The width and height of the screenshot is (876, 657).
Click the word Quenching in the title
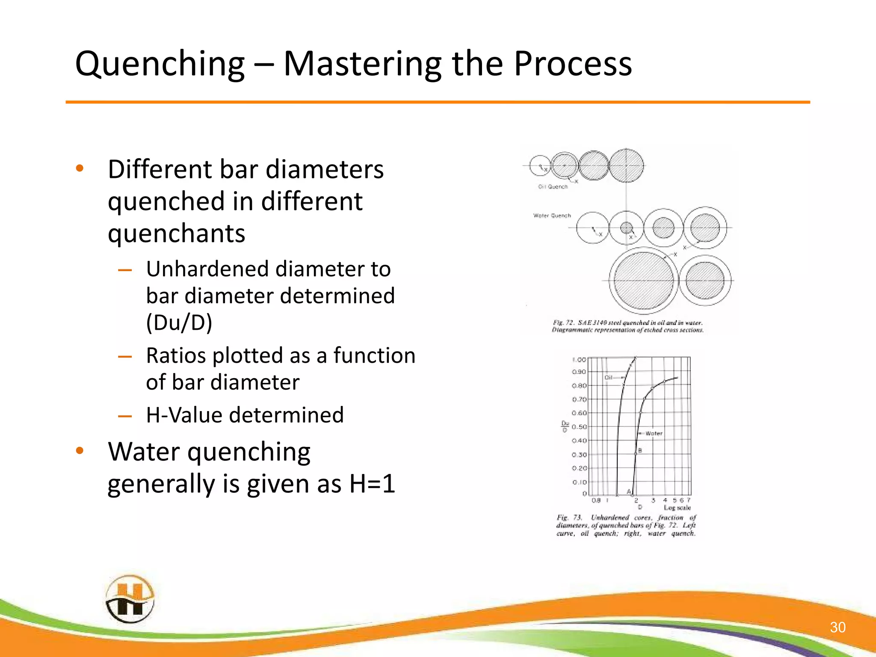160,64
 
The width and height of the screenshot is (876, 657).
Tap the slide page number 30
838,627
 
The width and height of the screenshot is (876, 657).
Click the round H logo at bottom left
130,599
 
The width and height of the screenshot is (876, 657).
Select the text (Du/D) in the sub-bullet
179,323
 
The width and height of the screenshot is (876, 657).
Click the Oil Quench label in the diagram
553,186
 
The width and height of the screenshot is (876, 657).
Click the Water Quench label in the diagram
552,216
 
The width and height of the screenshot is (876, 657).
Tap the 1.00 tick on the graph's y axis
579,360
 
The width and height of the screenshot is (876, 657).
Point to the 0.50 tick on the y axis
579,427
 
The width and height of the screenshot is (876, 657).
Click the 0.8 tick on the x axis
596,500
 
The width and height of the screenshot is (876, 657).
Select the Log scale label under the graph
677,508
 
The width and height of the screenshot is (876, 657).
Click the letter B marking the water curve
640,450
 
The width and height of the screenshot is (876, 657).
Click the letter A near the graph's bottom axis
628,491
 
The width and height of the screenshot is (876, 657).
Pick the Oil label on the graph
609,377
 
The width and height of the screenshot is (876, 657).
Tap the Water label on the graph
654,433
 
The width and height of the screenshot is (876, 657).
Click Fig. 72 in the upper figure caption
563,323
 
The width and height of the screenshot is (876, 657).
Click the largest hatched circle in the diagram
643,281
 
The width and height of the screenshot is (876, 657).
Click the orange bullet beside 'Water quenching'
80,451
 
